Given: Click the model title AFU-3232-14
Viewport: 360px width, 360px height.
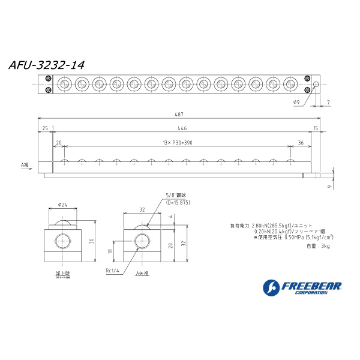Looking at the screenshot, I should point(46,65).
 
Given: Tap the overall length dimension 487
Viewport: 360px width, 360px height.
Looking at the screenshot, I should point(178,114).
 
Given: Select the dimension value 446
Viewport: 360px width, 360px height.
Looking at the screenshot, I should point(182,128).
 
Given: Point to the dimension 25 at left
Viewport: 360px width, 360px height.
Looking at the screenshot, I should point(45,128).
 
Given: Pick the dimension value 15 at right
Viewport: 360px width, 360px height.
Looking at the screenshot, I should point(316,128).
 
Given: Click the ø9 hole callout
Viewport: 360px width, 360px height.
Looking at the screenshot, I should point(297,103).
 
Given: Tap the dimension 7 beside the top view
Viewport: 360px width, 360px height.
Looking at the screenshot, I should point(328,103).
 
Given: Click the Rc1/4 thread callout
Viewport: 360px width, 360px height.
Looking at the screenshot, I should point(113,271).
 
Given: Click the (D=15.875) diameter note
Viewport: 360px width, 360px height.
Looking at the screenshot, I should point(178,203).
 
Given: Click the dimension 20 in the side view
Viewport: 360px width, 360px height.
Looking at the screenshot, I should point(59,142).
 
